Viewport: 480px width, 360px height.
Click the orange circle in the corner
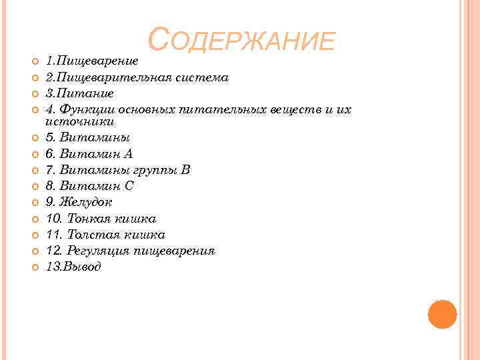point(442,314)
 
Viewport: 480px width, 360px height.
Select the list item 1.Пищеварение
point(91,61)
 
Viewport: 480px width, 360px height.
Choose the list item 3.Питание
point(79,93)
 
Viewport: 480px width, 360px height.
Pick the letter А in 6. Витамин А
point(129,154)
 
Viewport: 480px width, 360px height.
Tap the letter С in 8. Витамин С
point(129,186)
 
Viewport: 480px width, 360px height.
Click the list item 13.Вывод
point(73,267)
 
